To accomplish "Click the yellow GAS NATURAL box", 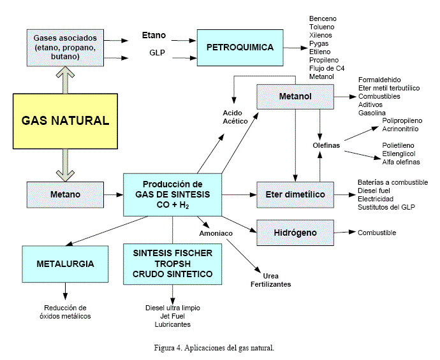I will click(x=66, y=120).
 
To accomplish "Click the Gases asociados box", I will click(x=66, y=47).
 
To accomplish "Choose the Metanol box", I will click(x=295, y=96).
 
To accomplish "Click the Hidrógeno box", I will click(x=295, y=233).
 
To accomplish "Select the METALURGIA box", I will click(x=66, y=263).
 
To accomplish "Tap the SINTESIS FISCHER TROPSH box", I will click(x=173, y=263).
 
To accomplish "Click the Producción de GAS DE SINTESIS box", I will click(x=172, y=194).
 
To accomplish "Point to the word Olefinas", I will click(x=326, y=145).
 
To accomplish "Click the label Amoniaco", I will click(x=215, y=233).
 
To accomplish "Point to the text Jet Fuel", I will click(x=172, y=316).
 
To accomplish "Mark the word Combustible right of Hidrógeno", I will click(x=377, y=233).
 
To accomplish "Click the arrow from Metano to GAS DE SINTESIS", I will click(x=114, y=194).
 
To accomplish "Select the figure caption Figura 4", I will click(x=214, y=348).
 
